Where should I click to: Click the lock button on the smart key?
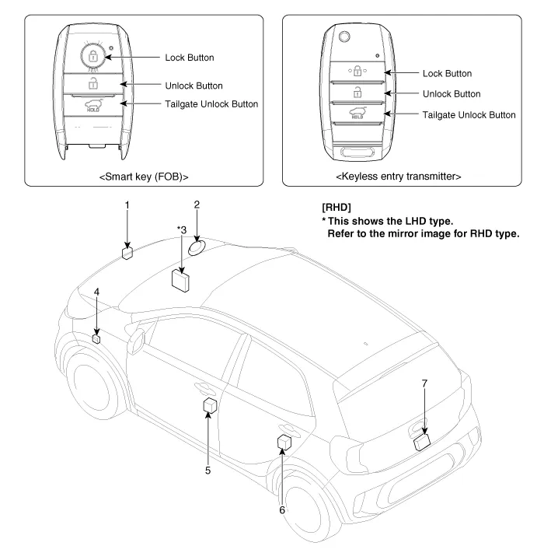coord(93,57)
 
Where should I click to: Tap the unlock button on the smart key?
coord(93,83)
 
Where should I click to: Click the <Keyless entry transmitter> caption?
coord(398,176)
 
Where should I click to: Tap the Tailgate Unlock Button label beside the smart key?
coord(211,104)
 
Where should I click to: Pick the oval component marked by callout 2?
coord(197,248)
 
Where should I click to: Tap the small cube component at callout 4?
coord(96,338)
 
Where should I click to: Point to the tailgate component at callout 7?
coord(422,442)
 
